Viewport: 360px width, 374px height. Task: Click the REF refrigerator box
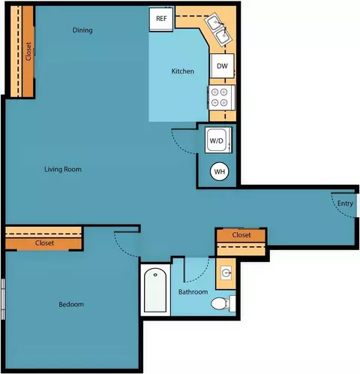point(161,20)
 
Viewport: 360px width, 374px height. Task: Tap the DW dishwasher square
point(222,66)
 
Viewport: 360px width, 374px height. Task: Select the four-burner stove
point(221,98)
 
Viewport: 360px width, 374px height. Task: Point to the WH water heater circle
point(220,171)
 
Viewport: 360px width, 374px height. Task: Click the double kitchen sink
point(219,30)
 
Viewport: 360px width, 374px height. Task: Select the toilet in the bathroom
point(223,303)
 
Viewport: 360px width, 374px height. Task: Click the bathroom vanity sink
point(226,273)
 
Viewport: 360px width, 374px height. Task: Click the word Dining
point(82,30)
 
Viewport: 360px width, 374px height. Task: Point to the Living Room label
point(63,170)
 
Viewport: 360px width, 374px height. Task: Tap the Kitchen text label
point(183,71)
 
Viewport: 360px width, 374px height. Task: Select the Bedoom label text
point(71,304)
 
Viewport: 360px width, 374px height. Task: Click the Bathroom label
point(193,292)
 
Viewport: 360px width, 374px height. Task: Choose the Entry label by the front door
point(345,204)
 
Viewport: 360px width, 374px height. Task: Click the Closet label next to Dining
point(28,51)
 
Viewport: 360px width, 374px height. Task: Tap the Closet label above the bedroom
point(44,243)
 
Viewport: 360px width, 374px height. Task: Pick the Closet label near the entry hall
point(241,235)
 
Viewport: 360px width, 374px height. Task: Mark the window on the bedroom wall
point(3,299)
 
